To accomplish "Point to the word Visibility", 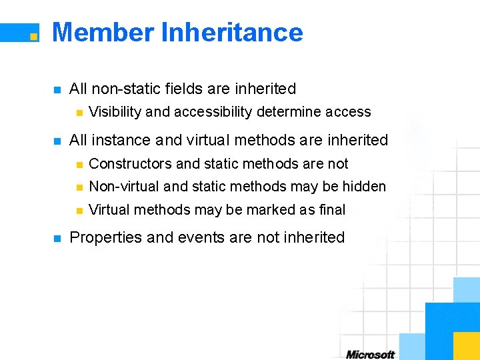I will (115, 112).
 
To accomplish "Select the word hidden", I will (365, 187).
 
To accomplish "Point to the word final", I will (332, 210).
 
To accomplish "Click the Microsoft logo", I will (370, 354).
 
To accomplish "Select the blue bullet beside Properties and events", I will (57, 238).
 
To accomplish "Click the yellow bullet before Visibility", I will (79, 113).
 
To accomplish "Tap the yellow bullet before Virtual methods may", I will (79, 211).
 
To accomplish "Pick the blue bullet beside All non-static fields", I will (57, 89).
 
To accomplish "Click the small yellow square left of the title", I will (33, 37).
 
